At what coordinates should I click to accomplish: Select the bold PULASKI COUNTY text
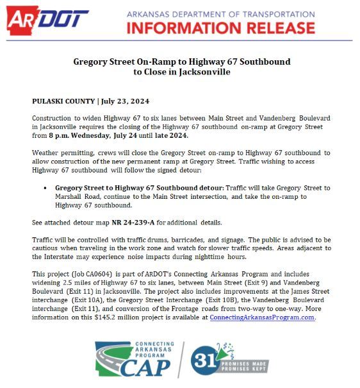coord(62,102)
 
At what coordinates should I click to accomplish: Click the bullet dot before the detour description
coord(46,188)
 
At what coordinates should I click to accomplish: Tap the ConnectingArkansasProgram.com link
coord(263,317)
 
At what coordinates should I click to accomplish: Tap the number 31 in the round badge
coord(204,360)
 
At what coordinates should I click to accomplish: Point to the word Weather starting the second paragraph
coord(45,153)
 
